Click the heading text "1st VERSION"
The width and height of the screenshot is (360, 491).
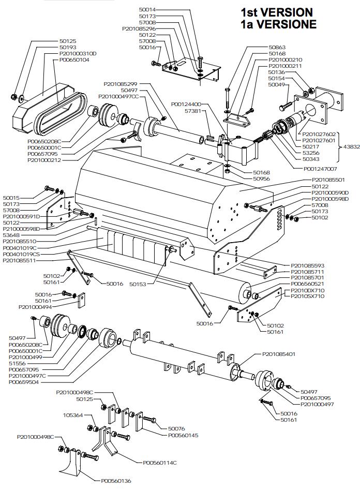click(276, 12)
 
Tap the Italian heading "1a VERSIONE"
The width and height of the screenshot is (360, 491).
click(278, 24)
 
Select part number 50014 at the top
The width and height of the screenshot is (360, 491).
click(147, 10)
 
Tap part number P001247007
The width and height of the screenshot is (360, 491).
click(321, 169)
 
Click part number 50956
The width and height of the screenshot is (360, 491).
click(262, 178)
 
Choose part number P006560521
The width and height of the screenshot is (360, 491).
click(308, 284)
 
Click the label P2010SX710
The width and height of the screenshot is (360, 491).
click(308, 296)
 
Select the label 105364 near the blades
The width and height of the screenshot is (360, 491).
click(73, 415)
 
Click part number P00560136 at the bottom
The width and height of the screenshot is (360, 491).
click(116, 481)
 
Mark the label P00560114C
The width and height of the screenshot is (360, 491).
click(160, 462)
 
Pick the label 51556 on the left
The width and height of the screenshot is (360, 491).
click(17, 363)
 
